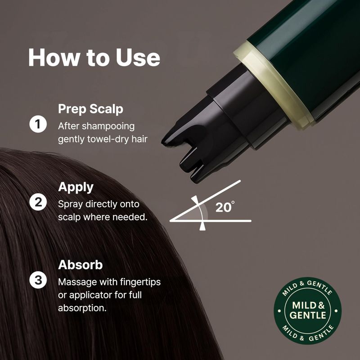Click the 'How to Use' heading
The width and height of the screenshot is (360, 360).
94,58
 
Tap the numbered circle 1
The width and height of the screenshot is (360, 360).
38,124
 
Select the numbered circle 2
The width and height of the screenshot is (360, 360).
38,202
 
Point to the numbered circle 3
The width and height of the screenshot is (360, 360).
38,280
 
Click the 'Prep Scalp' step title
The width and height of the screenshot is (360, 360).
90,109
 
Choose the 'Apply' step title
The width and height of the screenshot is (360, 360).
76,187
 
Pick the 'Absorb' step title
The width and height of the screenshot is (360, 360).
80,265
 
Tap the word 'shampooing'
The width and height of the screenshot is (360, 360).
108,126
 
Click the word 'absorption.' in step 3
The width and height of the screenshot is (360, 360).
82,308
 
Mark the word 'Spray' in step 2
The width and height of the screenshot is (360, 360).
70,205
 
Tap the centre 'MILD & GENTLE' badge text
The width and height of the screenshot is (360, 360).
308,310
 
